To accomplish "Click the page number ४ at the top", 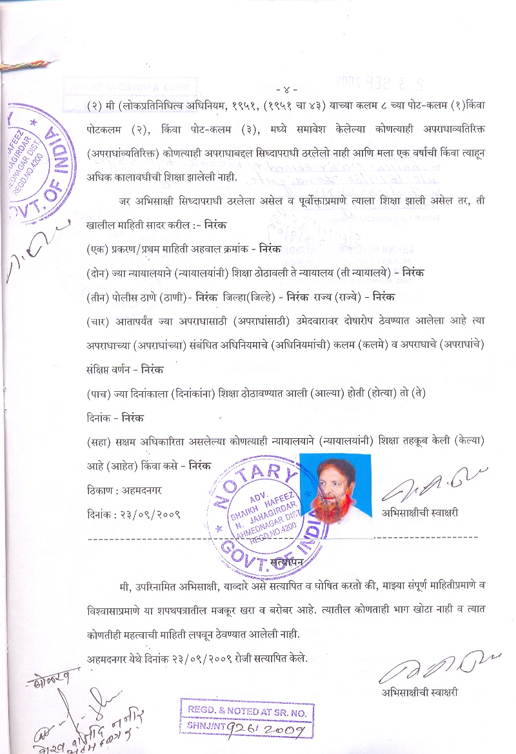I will click(x=285, y=88).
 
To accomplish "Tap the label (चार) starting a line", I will click(x=97, y=321).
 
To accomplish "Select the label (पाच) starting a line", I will click(x=97, y=393).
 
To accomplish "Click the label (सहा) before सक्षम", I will click(x=97, y=441).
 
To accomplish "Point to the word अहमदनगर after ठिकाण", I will click(x=139, y=490).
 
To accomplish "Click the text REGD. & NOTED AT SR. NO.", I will click(x=248, y=712).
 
